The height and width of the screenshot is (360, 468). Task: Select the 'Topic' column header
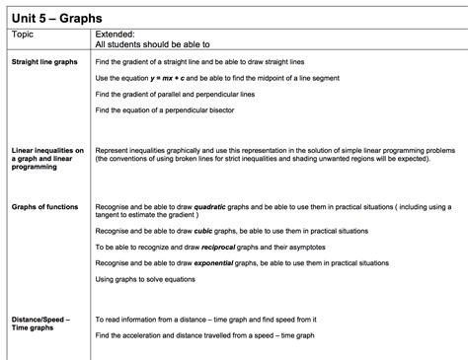coord(22,34)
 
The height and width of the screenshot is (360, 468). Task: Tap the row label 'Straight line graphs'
coord(43,62)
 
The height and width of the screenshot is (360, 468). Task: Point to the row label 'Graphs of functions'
coord(43,207)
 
